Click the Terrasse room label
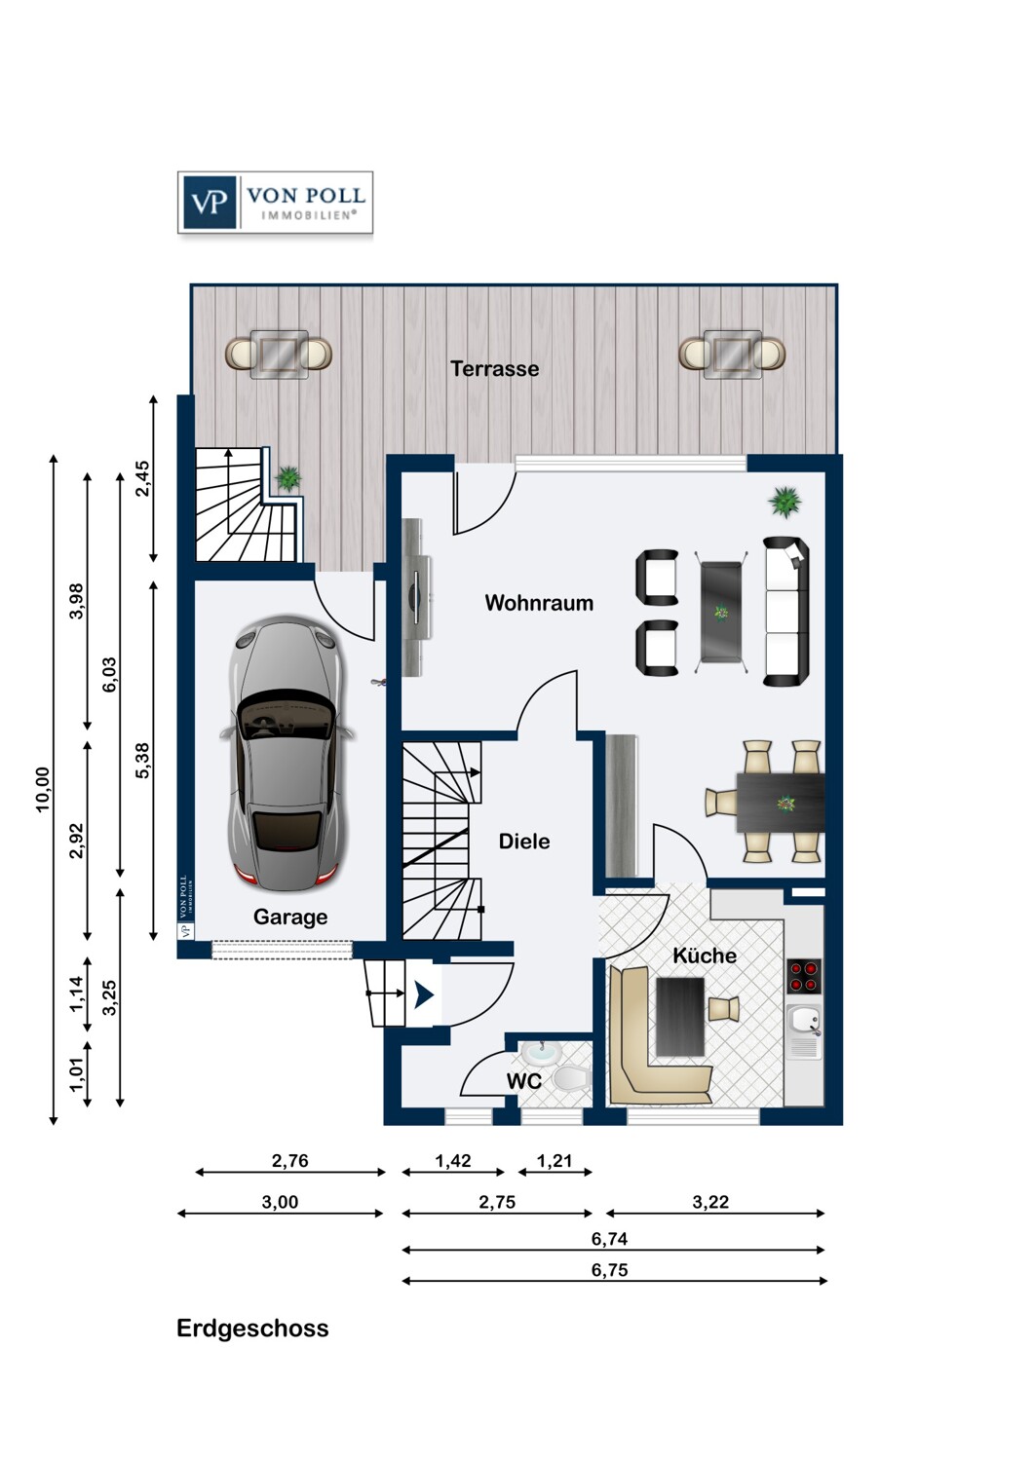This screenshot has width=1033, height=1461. tap(495, 368)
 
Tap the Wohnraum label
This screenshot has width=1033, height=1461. tap(539, 603)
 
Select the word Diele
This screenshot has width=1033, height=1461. tap(524, 842)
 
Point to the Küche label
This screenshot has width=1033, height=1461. tap(705, 955)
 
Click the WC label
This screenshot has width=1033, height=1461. tap(524, 1081)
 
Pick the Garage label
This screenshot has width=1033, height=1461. tap(290, 918)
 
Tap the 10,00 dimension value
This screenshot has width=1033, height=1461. tap(43, 790)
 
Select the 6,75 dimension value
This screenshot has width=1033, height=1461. tap(609, 1270)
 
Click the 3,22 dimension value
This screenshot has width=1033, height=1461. tap(710, 1202)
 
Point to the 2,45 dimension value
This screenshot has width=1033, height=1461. tap(142, 479)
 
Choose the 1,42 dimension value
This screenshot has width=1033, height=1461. tap(453, 1161)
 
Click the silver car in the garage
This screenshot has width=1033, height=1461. tap(287, 753)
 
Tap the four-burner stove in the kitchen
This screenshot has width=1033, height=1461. tap(804, 976)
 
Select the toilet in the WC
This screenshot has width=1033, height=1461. tap(572, 1077)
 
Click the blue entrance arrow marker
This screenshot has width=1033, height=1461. tap(424, 995)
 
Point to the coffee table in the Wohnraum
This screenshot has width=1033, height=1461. tap(721, 613)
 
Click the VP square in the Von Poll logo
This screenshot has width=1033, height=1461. tap(210, 203)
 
